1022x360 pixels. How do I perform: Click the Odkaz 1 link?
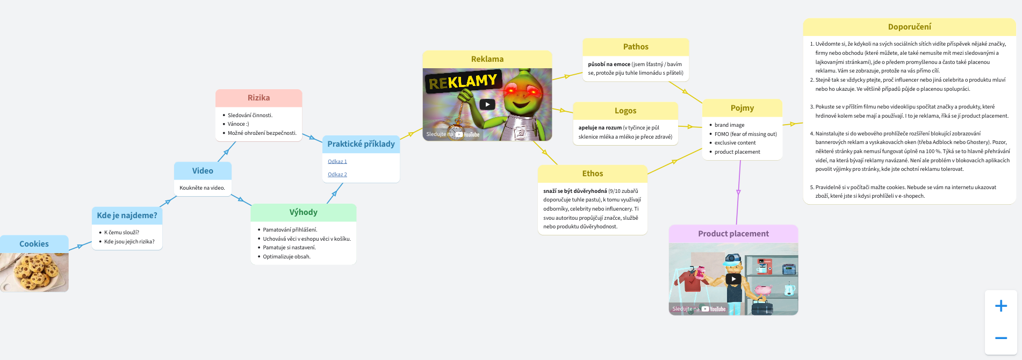pos(337,162)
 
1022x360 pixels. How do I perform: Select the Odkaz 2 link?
pos(337,175)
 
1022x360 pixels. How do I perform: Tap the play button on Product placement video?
pos(733,279)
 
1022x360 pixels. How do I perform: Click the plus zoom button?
pos(1001,306)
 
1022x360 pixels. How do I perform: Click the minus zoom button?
pos(1001,338)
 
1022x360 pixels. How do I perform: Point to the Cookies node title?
pos(34,244)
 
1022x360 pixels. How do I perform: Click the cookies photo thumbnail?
pos(34,272)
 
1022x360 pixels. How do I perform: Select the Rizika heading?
pos(258,98)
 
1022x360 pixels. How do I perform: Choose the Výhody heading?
pos(303,212)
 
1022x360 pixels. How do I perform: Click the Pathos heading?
pos(636,47)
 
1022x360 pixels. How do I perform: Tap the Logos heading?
pos(625,111)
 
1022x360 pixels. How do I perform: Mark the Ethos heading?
pos(593,174)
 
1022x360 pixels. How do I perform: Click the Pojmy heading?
pos(742,108)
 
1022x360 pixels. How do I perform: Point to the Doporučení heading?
pos(909,27)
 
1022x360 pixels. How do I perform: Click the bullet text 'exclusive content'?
pos(735,143)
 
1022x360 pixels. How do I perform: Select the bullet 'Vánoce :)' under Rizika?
pos(239,124)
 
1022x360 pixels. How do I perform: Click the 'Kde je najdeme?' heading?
pos(127,215)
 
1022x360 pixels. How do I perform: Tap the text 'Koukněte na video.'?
pos(202,188)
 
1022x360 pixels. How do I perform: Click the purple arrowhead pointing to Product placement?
pos(738,192)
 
